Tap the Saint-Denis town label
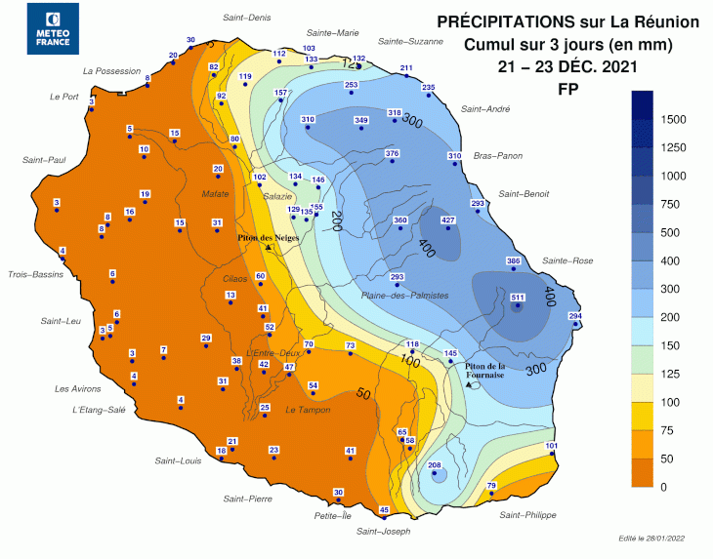coord(247,18)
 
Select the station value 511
coord(518,298)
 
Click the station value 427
coord(449,220)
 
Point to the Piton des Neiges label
coord(269,237)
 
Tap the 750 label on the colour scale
coord(671,204)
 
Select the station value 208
coord(436,465)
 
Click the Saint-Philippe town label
coord(527,515)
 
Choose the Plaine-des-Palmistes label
coord(404,295)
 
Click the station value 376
coord(393,154)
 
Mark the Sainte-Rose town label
coord(567,260)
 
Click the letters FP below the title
coord(566,88)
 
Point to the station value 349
coord(360,120)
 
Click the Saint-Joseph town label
coord(383,532)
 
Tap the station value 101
coord(552,446)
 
